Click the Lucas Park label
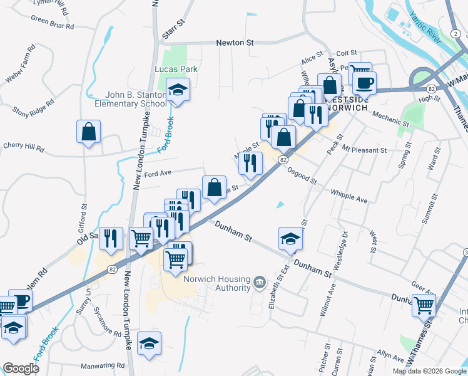(x=171, y=69)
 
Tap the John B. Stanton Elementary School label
(x=135, y=99)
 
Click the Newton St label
(x=235, y=43)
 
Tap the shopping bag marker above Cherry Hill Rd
(x=88, y=132)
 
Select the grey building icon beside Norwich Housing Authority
(x=260, y=284)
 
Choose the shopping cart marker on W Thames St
(x=424, y=305)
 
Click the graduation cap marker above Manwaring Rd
(x=149, y=343)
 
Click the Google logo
(x=21, y=368)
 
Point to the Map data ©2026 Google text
(x=429, y=371)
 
